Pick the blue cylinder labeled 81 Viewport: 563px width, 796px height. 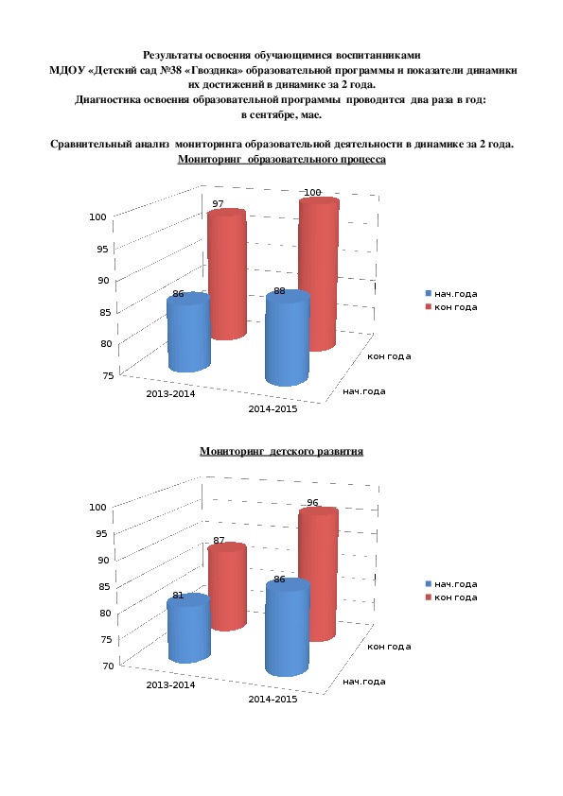pyautogui.click(x=188, y=630)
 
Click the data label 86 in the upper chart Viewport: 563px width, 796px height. pyautogui.click(x=178, y=294)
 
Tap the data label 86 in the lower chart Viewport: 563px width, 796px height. pyautogui.click(x=279, y=580)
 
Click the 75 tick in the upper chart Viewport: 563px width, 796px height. pyautogui.click(x=108, y=375)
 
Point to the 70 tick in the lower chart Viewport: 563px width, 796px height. pyautogui.click(x=108, y=666)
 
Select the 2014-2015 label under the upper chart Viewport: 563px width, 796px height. pyautogui.click(x=273, y=408)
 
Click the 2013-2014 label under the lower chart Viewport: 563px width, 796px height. pyautogui.click(x=170, y=684)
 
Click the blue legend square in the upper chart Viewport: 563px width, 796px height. pyautogui.click(x=429, y=293)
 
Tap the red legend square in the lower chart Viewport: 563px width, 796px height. pyautogui.click(x=429, y=597)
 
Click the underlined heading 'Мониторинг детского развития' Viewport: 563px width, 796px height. pyautogui.click(x=282, y=451)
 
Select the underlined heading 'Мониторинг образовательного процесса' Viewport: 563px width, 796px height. pyautogui.click(x=282, y=160)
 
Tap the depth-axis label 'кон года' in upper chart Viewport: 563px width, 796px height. pyautogui.click(x=389, y=356)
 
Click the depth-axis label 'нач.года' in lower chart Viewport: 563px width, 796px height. pyautogui.click(x=364, y=682)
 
